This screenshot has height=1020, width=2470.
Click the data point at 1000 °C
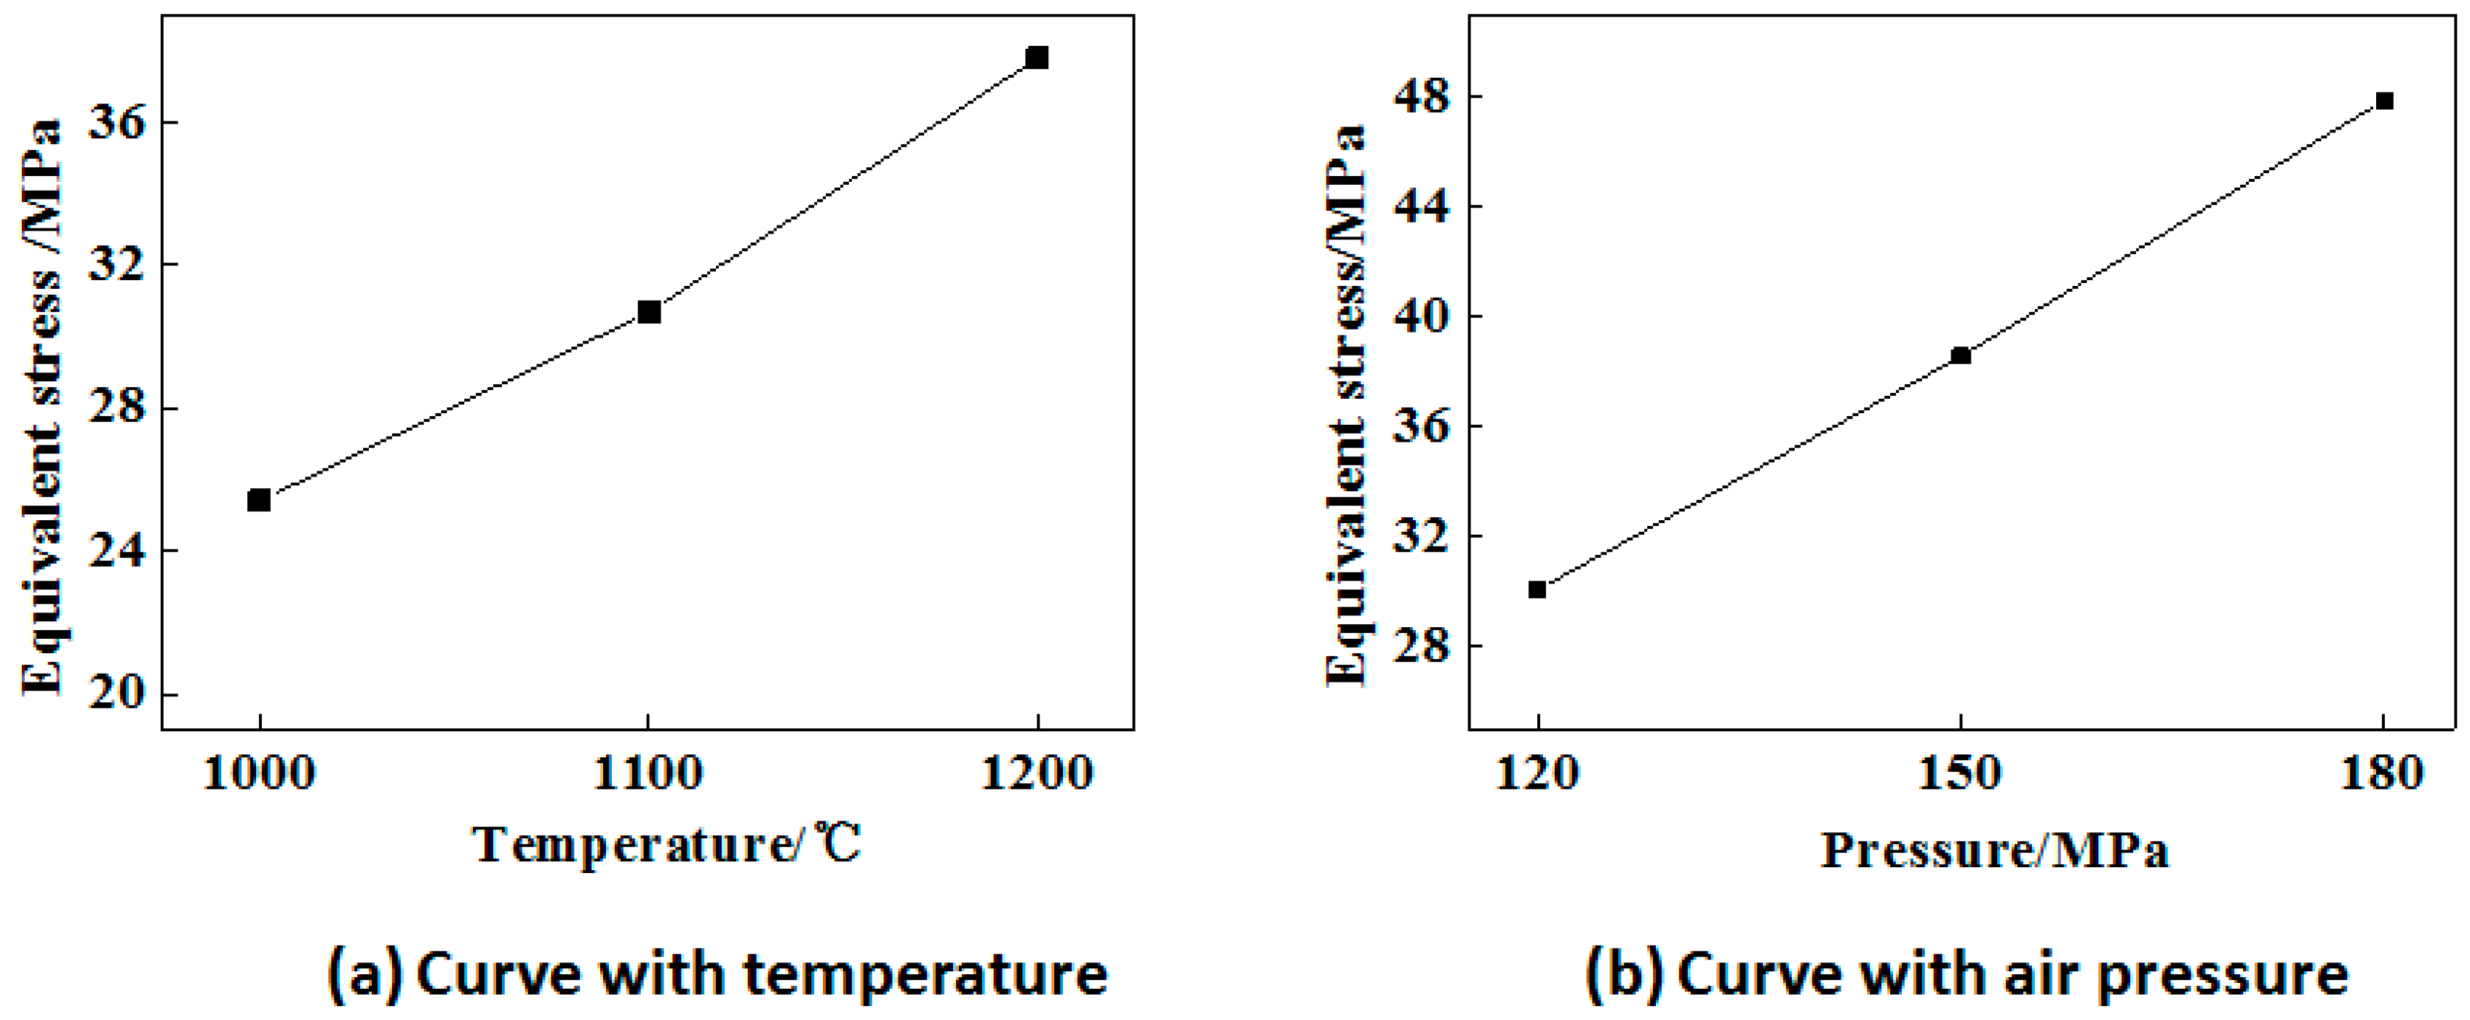259,500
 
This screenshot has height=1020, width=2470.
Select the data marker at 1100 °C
649,311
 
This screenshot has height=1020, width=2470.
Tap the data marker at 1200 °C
1037,57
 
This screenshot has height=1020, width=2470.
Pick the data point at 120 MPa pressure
1537,589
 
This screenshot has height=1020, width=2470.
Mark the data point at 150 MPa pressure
1961,356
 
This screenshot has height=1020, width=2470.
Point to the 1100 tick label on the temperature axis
648,773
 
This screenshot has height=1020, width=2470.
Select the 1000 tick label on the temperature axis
259,773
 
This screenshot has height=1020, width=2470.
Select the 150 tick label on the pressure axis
1960,773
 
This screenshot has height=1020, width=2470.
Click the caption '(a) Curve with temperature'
717,973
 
